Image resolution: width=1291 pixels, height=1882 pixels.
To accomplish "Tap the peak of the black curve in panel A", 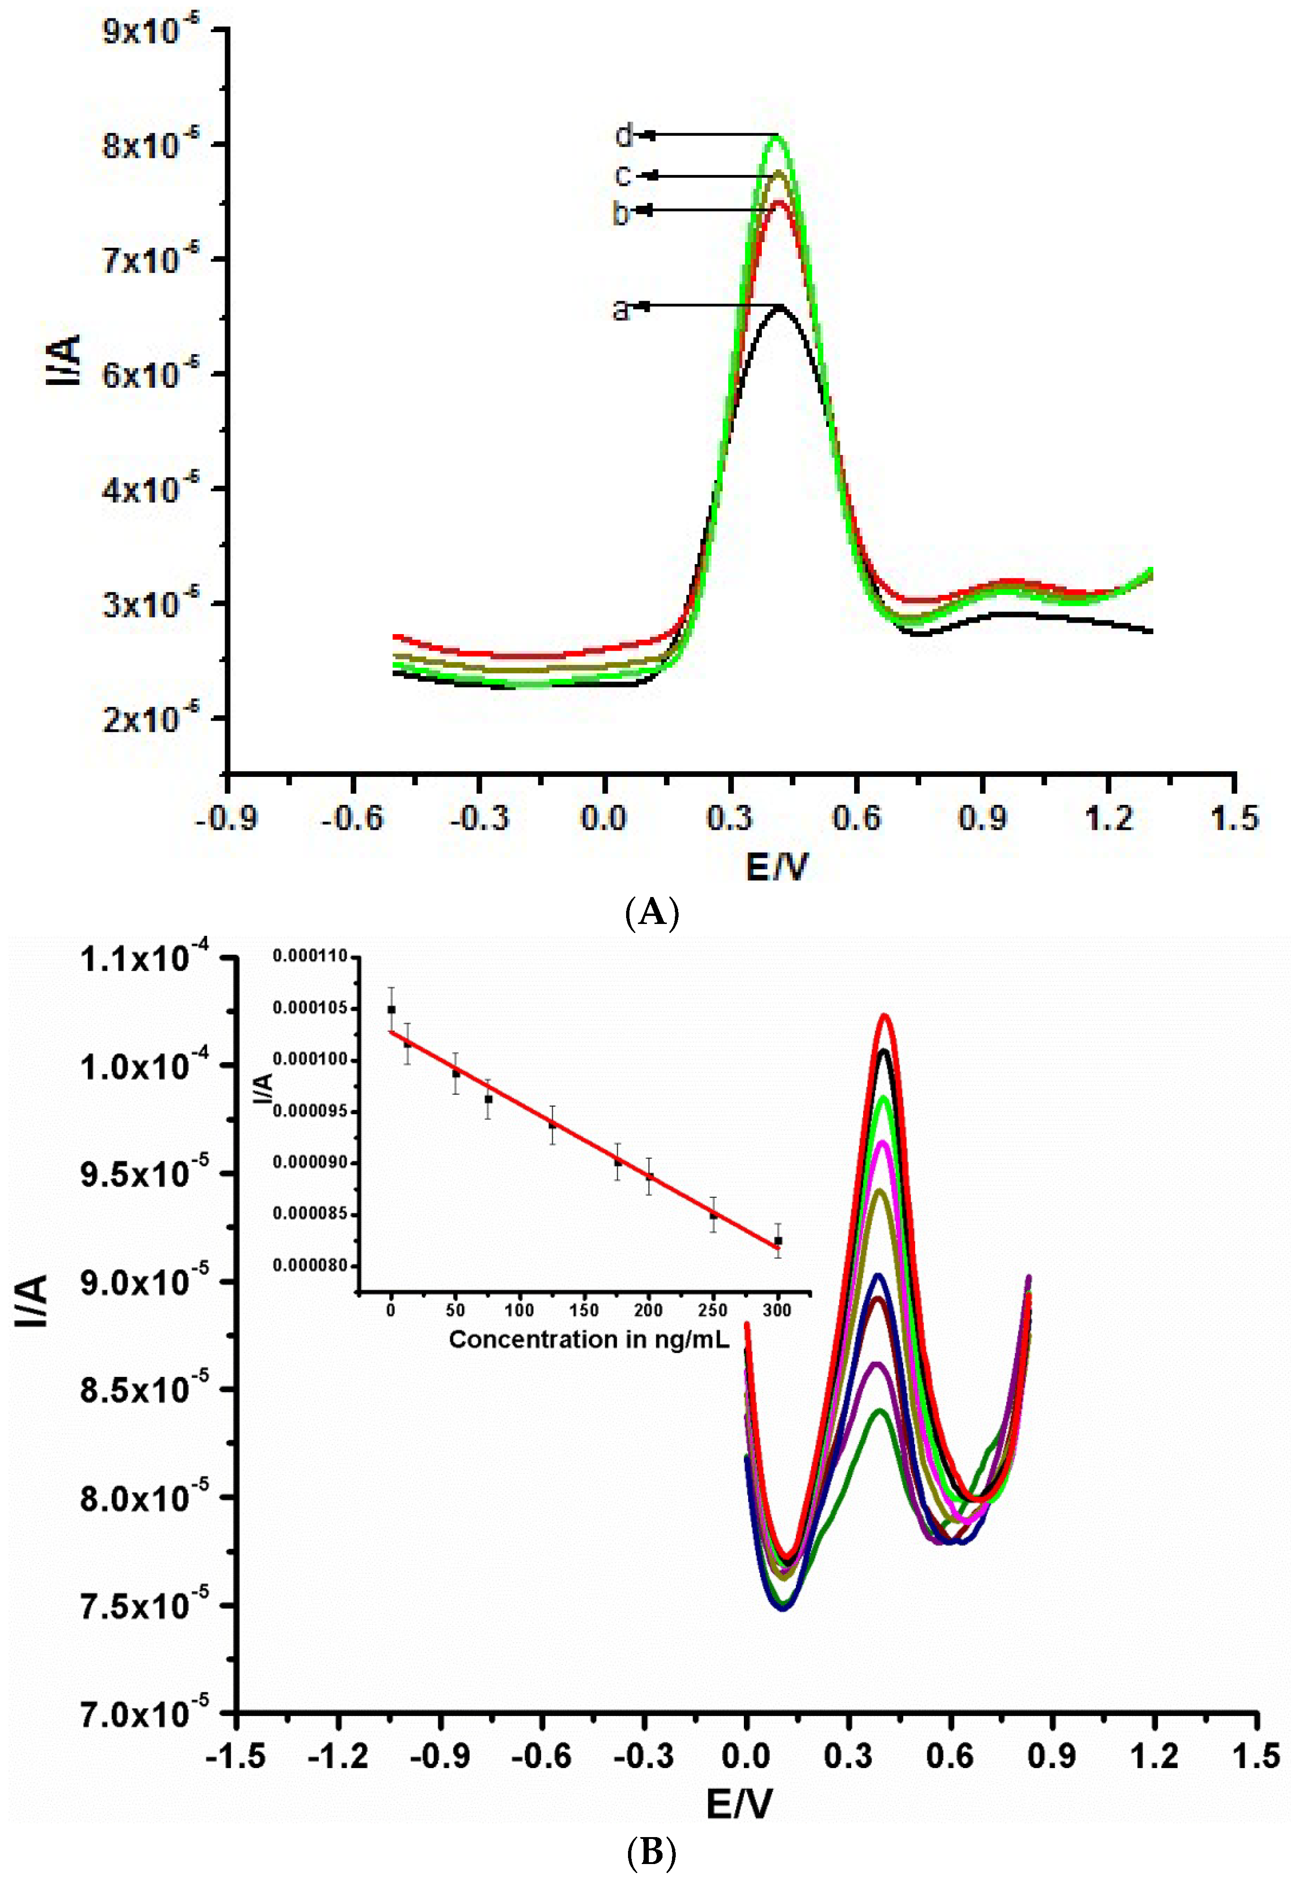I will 780,307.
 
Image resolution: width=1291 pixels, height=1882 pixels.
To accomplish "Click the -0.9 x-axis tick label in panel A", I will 227,818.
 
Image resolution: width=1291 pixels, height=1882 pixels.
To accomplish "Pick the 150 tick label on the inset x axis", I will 583,1310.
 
